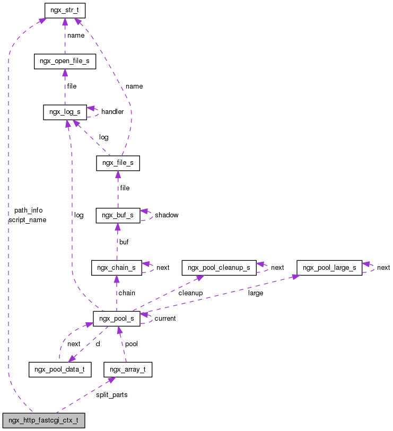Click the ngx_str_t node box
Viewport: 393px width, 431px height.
pyautogui.click(x=64, y=10)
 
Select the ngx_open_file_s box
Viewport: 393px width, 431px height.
pyautogui.click(x=65, y=61)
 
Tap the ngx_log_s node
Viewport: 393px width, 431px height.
pyautogui.click(x=65, y=112)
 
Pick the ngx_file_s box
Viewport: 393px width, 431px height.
pyautogui.click(x=118, y=163)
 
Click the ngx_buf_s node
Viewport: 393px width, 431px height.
pyautogui.click(x=117, y=215)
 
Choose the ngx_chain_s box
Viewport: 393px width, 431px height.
pyautogui.click(x=117, y=267)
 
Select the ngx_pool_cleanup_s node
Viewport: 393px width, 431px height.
pyautogui.click(x=219, y=267)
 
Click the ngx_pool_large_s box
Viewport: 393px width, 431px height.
pyautogui.click(x=329, y=267)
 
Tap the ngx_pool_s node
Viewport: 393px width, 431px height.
pyautogui.click(x=117, y=318)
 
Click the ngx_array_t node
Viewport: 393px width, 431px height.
pyautogui.click(x=128, y=369)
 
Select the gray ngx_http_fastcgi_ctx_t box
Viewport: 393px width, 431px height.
pyautogui.click(x=43, y=420)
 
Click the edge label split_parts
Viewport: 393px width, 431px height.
pyautogui.click(x=111, y=395)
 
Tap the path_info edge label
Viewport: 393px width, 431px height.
pyautogui.click(x=28, y=210)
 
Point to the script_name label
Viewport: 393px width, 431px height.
pyautogui.click(x=28, y=219)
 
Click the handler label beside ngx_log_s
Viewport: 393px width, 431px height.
pyautogui.click(x=112, y=112)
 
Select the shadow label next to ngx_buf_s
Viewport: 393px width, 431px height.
pyautogui.click(x=167, y=215)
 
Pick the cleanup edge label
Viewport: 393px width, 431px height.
pyautogui.click(x=190, y=293)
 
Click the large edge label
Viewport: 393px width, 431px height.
pyautogui.click(x=255, y=293)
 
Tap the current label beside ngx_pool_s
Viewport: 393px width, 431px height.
pyautogui.click(x=165, y=319)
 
